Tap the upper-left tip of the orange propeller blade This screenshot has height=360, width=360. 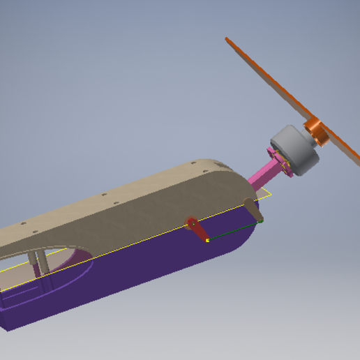click(229, 40)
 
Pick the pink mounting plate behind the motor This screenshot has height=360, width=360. click(280, 163)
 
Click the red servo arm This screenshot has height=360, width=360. click(198, 230)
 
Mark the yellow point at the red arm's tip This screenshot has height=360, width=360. click(207, 241)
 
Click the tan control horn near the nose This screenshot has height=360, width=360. click(253, 209)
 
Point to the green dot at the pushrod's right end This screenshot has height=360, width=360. click(261, 221)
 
